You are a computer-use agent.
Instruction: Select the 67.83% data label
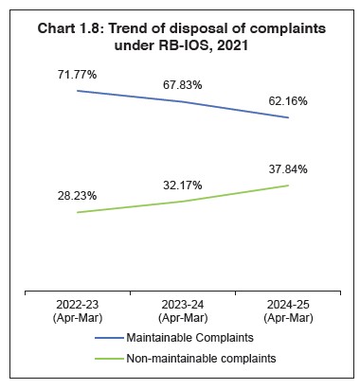182,83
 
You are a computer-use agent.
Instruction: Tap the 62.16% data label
287,99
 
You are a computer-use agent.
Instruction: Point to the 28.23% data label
76,196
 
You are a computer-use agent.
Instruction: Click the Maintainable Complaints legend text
203,339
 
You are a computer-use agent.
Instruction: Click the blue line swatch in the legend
120,339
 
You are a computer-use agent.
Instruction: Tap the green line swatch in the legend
120,359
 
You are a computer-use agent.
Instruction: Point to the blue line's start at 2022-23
77,91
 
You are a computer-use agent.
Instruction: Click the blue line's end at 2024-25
288,117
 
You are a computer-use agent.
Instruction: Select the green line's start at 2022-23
77,212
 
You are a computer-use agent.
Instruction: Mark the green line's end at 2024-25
288,186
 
